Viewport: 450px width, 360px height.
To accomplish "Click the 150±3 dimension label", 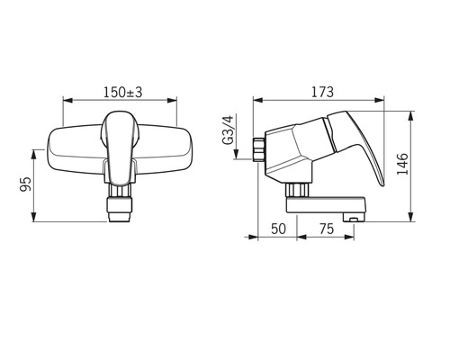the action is [x=123, y=93].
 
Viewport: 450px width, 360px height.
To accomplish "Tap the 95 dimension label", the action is [x=25, y=184].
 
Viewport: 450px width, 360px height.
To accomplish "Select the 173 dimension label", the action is [x=322, y=92].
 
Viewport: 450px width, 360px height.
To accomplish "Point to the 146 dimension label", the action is [x=402, y=164].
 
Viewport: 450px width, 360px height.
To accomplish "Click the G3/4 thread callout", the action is [x=228, y=130].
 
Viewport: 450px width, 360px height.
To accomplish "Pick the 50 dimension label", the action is [x=278, y=229].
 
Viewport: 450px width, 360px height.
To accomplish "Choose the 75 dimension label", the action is [x=327, y=229].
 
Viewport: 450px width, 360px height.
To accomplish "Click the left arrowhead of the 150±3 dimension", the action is [x=67, y=100].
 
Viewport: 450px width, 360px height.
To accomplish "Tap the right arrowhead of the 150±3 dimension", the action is [x=172, y=100].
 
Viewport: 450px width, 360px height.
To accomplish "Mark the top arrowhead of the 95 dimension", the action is [x=34, y=154].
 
